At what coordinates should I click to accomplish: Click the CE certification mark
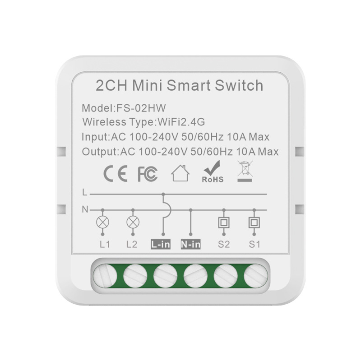tap(116, 174)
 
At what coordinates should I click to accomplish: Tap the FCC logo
tap(148, 174)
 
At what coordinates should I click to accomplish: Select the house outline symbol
tap(180, 173)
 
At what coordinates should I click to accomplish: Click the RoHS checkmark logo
tap(213, 171)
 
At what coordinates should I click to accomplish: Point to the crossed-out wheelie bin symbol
tap(245, 171)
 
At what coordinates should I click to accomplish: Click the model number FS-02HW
tap(141, 108)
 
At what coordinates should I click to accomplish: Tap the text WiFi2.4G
tap(181, 122)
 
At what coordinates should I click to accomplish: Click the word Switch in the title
tap(239, 85)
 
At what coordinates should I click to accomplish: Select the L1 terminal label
tap(105, 244)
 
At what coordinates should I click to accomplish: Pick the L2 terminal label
tap(132, 244)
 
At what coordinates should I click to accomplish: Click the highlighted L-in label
tap(161, 244)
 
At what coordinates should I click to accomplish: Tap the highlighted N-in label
tap(190, 244)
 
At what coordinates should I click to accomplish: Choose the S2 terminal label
tap(224, 244)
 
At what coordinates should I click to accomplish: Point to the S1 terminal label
tap(254, 244)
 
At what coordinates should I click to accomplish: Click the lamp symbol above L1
tap(102, 222)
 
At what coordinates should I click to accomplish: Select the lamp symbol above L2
tap(133, 222)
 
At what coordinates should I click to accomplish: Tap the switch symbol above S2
tap(224, 222)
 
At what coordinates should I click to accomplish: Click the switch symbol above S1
tap(254, 222)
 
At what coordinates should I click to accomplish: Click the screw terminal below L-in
tap(165, 276)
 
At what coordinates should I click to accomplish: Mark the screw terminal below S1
tap(256, 276)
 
